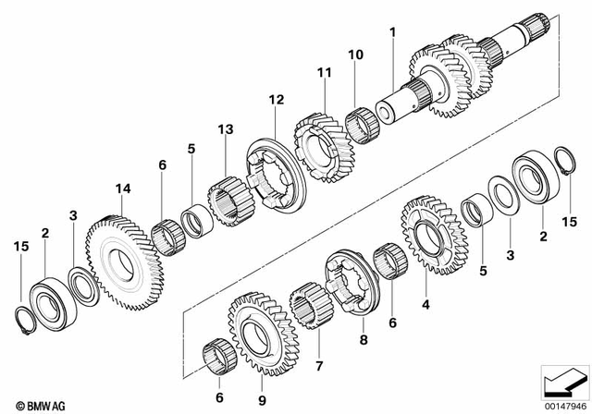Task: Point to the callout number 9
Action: [x=262, y=400]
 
